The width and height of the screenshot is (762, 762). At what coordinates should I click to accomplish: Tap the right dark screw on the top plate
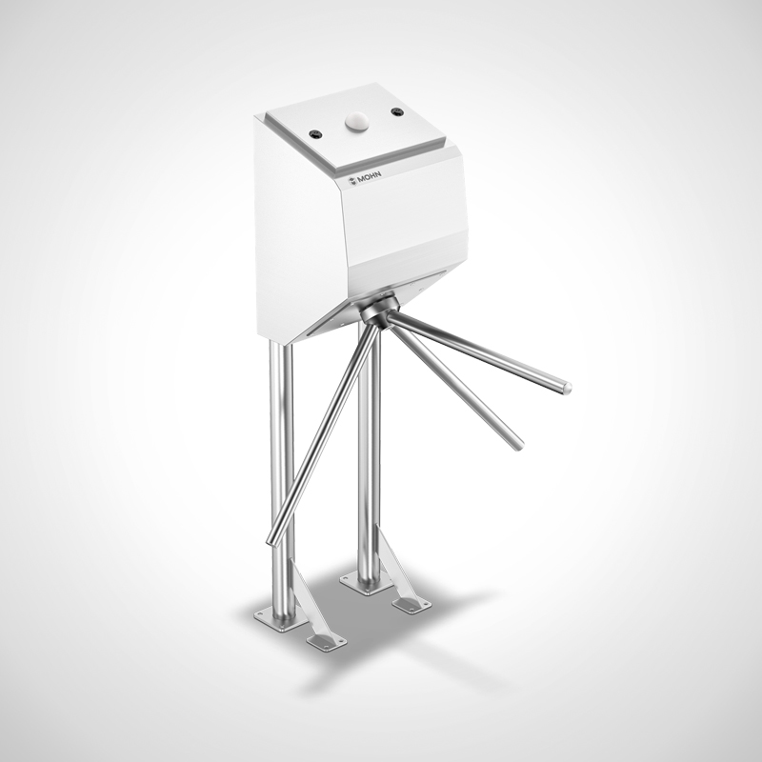coord(396,111)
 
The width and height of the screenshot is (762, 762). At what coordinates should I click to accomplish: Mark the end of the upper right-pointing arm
coord(566,388)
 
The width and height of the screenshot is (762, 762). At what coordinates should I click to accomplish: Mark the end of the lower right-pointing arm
coord(517,444)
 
